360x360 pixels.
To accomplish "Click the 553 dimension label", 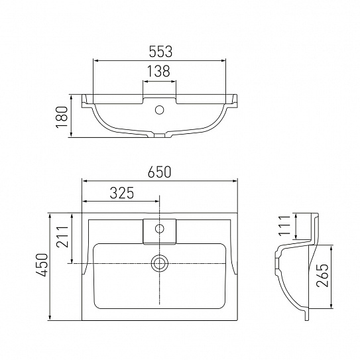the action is tap(160, 52).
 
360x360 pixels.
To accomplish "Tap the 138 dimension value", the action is tap(158, 71).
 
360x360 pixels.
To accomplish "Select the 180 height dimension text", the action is tap(62, 117).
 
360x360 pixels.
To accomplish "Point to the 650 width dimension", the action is tap(160, 172).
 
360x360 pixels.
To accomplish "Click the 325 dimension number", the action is tap(122, 193).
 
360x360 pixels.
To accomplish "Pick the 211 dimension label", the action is tap(63, 237).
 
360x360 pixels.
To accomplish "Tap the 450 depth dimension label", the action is tap(42, 265).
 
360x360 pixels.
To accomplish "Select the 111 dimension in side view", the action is tap(284, 225).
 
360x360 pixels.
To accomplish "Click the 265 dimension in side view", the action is tap(322, 276).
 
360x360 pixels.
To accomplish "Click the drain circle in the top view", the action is tap(160, 263).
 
